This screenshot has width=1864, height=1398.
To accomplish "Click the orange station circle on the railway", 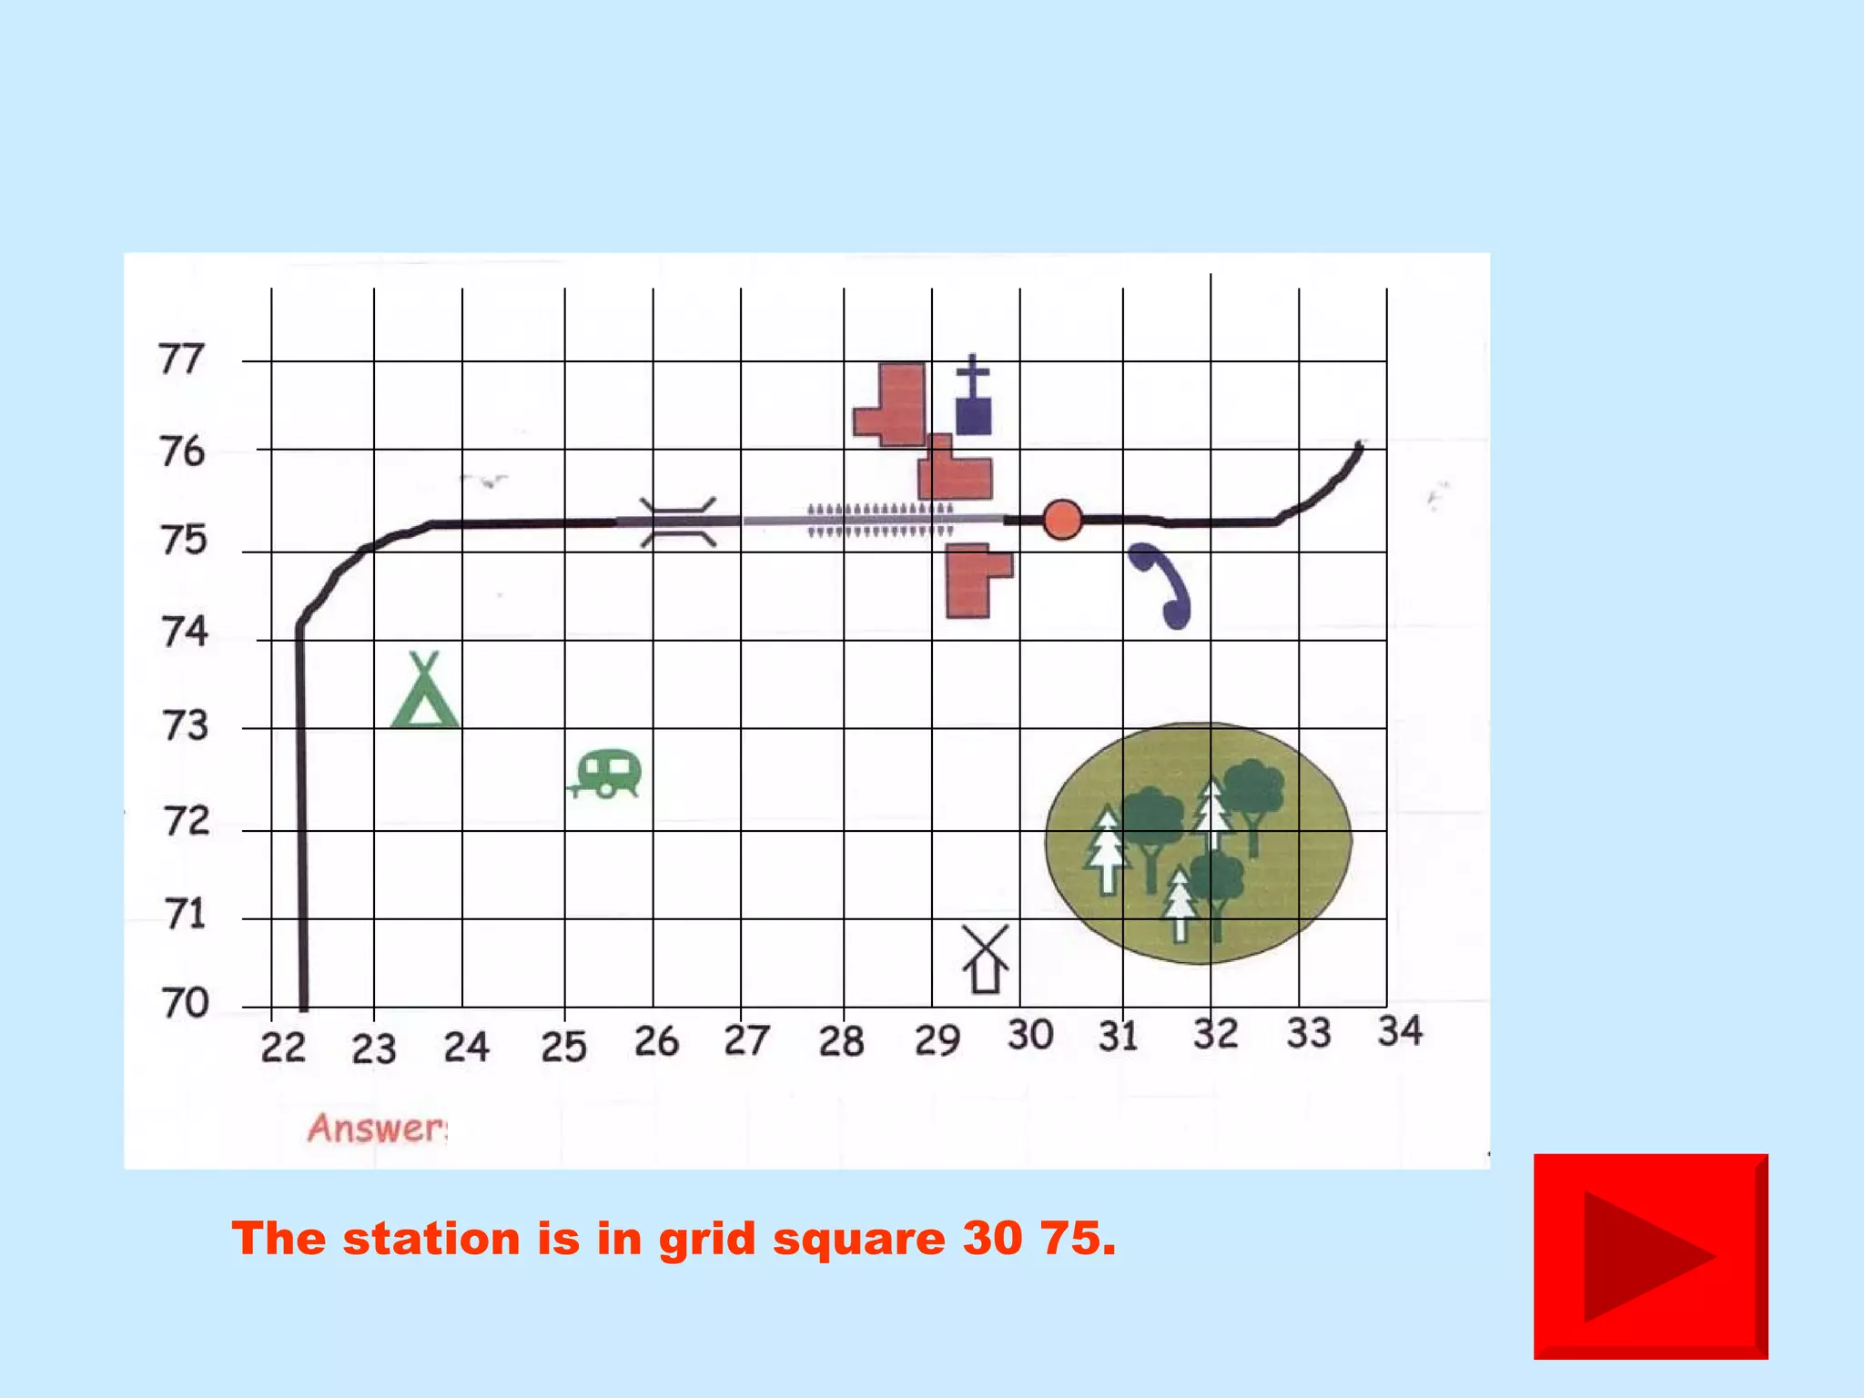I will tap(1062, 520).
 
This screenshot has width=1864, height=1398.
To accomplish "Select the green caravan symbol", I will tap(607, 774).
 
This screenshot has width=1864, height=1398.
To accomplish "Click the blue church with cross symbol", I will tap(973, 397).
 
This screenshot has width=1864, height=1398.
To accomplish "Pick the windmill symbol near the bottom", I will tap(985, 959).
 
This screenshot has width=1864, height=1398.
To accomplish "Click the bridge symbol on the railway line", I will tap(678, 522).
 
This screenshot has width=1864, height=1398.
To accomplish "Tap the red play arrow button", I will tap(1650, 1256).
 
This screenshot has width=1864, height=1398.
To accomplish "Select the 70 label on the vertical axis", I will tap(185, 1003).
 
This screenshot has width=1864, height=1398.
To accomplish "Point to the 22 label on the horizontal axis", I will tap(283, 1048).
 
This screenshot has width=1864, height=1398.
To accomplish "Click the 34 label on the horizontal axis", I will tap(1400, 1031).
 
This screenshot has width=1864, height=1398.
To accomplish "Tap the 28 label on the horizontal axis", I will tap(841, 1041).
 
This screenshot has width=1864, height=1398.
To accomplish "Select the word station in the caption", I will tap(431, 1239).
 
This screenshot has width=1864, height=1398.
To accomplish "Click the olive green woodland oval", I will tap(1198, 843).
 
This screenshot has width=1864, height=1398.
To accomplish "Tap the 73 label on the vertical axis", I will tap(185, 726).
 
